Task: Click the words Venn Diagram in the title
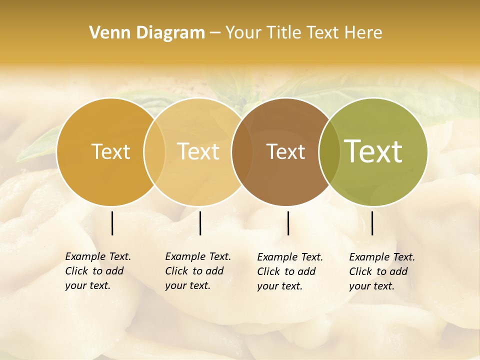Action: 147,33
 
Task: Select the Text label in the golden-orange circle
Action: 110,152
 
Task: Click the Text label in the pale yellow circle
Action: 198,152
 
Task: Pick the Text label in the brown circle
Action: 285,152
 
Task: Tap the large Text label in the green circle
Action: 373,152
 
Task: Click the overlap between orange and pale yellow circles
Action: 154,152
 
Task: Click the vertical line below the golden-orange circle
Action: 112,223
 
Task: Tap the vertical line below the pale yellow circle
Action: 200,223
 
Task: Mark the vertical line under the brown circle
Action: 288,223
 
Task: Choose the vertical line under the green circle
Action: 372,223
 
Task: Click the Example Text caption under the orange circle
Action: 97,271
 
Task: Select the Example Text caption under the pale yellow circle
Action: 197,271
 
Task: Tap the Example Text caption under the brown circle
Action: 289,271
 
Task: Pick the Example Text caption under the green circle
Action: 381,271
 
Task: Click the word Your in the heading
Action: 243,33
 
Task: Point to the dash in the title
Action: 215,33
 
